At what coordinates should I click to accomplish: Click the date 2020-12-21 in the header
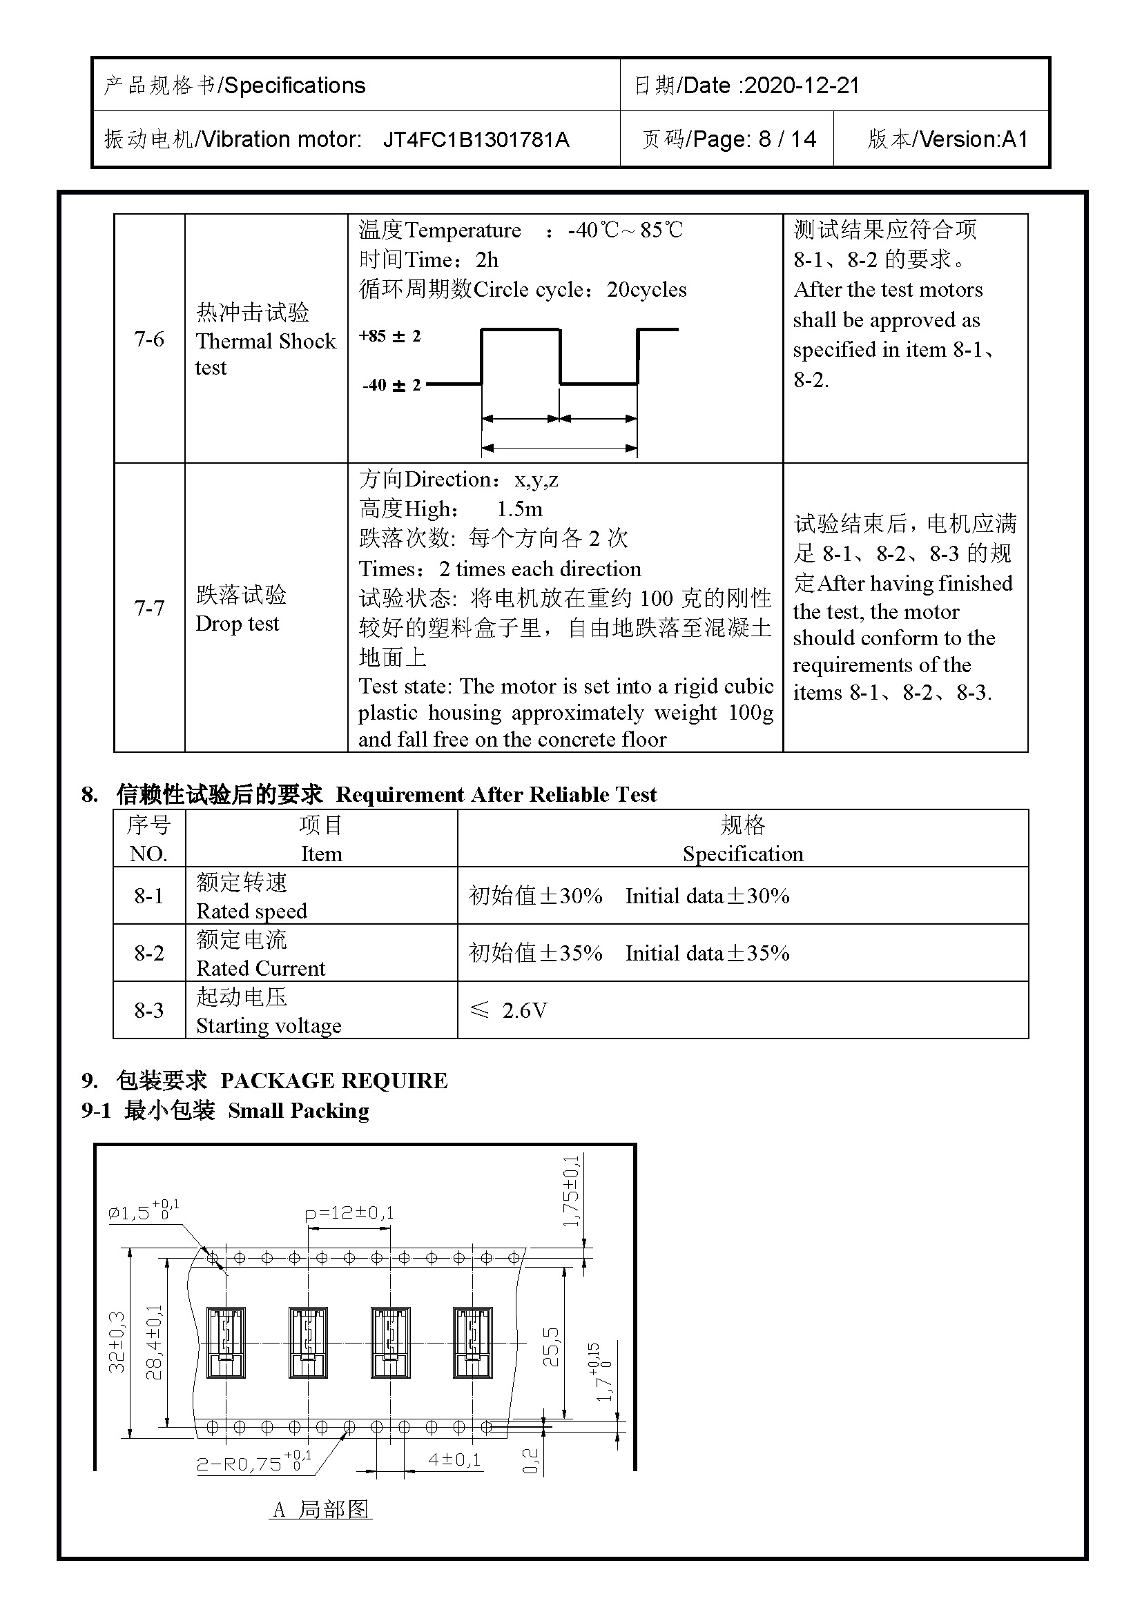click(801, 86)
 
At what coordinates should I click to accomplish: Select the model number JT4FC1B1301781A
click(476, 140)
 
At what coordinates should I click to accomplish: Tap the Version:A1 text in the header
click(974, 139)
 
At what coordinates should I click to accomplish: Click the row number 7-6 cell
click(149, 339)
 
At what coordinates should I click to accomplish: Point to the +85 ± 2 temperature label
click(389, 336)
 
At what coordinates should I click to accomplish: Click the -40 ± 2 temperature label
click(391, 385)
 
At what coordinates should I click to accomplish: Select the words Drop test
click(237, 624)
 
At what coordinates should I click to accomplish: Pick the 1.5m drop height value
click(520, 509)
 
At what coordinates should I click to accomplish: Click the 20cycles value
click(646, 290)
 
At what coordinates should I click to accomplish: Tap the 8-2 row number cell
click(149, 953)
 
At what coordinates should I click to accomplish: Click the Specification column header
click(743, 854)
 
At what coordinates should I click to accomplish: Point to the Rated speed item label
click(251, 911)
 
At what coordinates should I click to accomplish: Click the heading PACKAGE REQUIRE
click(333, 1081)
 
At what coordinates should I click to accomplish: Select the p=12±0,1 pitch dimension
click(349, 1212)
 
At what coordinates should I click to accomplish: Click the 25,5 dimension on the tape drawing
click(551, 1346)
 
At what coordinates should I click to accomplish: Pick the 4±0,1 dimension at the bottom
click(455, 1459)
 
